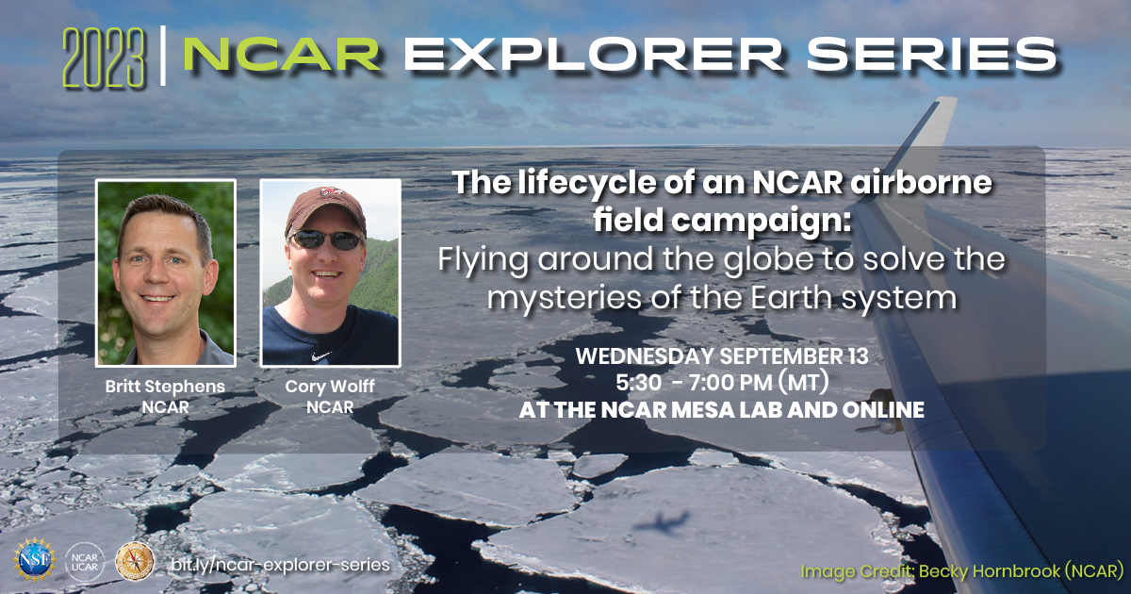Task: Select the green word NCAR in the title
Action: pyautogui.click(x=282, y=56)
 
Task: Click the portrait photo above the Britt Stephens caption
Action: pyautogui.click(x=166, y=272)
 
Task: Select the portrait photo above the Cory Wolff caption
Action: pyautogui.click(x=330, y=272)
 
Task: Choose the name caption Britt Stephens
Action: pyautogui.click(x=166, y=387)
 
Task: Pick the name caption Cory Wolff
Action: pyautogui.click(x=330, y=387)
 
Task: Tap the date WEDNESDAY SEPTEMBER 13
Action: pyautogui.click(x=722, y=358)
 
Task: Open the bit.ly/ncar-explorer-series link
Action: pyautogui.click(x=280, y=563)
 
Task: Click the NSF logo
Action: pyautogui.click(x=34, y=561)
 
